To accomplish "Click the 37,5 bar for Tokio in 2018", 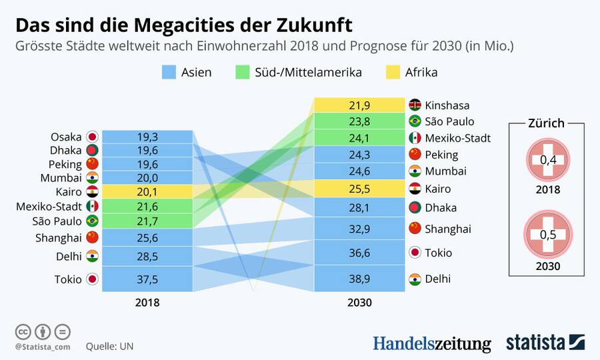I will (x=147, y=279).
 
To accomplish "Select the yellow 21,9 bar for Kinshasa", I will (x=359, y=105).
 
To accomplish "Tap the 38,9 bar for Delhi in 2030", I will (x=359, y=279).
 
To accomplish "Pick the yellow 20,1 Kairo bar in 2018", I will (x=147, y=192).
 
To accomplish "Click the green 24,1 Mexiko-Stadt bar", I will (x=359, y=138).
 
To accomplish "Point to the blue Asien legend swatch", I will (x=169, y=72).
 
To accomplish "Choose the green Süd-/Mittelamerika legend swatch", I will (x=241, y=72).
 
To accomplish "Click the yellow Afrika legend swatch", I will (x=393, y=72).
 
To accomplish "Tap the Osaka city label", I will (x=66, y=137).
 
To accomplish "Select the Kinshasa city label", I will (x=447, y=105).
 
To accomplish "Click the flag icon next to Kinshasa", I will (x=415, y=105).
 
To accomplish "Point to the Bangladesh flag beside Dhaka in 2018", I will (x=92, y=151).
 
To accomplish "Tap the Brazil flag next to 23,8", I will (x=415, y=121).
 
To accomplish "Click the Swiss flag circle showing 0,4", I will (x=546, y=161).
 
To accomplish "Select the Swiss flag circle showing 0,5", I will (x=546, y=235).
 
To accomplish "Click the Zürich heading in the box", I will (x=546, y=123).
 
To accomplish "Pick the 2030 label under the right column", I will (x=359, y=303).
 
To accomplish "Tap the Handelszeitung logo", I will (x=431, y=343).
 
